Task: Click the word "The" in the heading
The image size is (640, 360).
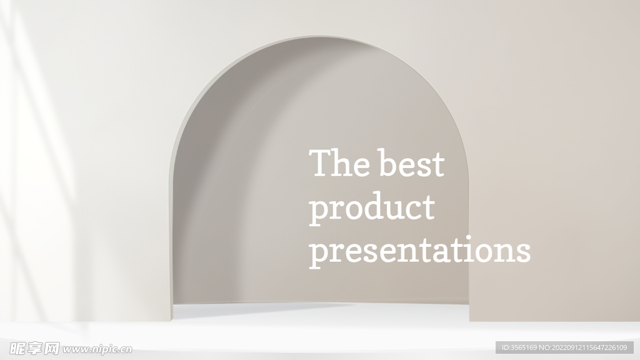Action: click(339, 162)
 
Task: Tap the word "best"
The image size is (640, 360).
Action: click(411, 162)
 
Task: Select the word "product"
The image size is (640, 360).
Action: click(371, 209)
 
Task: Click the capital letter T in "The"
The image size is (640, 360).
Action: click(321, 162)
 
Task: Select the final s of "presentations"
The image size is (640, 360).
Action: click(523, 253)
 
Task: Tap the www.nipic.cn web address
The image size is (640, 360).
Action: click(97, 349)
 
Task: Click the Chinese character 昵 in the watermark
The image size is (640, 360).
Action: click(17, 349)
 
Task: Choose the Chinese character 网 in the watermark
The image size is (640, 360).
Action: click(51, 349)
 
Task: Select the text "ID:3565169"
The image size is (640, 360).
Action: click(519, 347)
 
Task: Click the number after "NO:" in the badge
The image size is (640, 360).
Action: click(590, 347)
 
